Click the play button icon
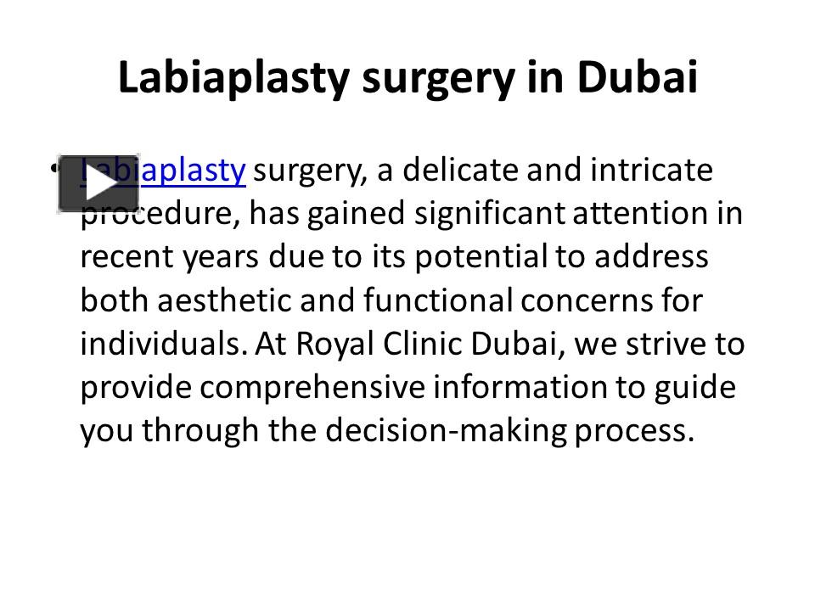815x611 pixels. click(x=98, y=183)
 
